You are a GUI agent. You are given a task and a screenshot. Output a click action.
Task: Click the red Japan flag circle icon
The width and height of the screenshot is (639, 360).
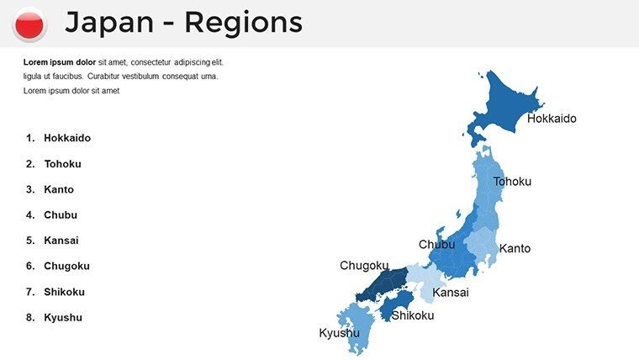30,24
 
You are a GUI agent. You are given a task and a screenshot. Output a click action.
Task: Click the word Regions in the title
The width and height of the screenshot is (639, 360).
243,23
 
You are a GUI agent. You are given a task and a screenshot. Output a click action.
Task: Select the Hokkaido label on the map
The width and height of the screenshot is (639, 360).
552,119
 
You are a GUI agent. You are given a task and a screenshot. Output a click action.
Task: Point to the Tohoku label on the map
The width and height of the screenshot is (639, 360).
512,182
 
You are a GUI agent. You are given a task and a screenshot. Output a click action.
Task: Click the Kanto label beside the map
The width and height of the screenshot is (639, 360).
515,249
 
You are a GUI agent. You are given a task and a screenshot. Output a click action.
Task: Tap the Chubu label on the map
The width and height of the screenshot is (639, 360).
436,245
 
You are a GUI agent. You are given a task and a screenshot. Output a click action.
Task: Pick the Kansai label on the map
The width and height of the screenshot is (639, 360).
451,293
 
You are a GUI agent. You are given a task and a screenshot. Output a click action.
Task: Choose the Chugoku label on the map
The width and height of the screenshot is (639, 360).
364,266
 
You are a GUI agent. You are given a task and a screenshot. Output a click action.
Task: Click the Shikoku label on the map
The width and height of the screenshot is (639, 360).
413,315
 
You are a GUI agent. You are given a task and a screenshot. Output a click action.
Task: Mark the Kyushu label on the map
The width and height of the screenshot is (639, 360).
339,333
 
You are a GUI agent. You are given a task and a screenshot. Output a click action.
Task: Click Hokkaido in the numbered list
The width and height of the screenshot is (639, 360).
67,138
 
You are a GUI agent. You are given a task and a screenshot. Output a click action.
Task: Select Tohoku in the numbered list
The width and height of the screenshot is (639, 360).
62,164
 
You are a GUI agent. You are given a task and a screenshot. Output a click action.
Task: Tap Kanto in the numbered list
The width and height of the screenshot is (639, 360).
59,189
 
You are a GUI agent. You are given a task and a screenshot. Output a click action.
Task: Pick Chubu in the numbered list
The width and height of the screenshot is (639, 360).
61,215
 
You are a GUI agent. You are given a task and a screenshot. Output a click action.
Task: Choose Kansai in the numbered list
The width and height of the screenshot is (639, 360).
61,241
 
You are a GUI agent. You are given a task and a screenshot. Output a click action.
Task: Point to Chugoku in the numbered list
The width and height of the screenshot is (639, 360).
66,266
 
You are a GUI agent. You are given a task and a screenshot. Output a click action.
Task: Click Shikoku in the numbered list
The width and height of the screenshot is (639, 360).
64,292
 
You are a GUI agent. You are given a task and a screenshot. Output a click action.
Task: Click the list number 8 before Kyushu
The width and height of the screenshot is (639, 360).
29,318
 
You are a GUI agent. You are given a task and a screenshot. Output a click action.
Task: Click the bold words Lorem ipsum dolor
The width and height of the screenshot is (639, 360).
59,62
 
